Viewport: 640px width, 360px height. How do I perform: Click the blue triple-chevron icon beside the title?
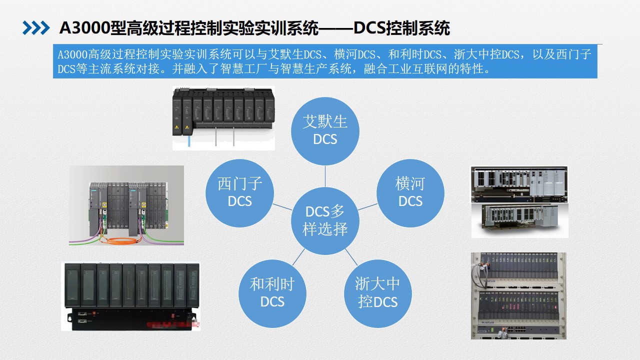(x=36, y=28)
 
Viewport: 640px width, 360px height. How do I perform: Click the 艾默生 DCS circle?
(x=325, y=131)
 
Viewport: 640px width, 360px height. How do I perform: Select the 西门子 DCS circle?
(x=239, y=193)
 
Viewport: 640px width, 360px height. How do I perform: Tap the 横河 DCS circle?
(x=410, y=193)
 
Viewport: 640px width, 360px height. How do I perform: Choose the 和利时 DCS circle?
(x=272, y=293)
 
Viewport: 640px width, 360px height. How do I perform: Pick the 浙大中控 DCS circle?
(x=377, y=293)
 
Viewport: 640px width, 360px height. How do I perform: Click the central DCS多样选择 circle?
(x=325, y=220)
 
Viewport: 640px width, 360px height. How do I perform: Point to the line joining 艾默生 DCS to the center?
(x=325, y=176)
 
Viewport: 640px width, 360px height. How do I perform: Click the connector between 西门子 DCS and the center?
(x=282, y=207)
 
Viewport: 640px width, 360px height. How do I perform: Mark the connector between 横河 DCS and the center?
(x=367, y=206)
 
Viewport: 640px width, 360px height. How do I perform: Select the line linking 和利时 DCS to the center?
(x=298, y=257)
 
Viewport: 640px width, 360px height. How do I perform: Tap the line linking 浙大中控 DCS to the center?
(x=351, y=257)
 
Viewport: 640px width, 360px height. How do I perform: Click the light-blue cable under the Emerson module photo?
(x=189, y=141)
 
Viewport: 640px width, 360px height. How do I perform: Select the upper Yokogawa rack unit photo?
(x=519, y=184)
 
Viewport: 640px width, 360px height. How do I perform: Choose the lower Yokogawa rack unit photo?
(x=519, y=220)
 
